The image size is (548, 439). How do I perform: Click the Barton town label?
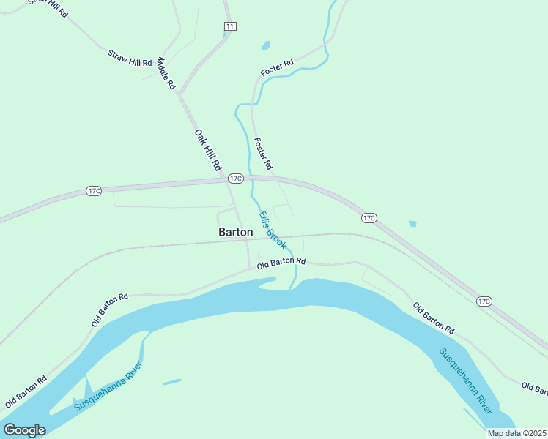click(x=236, y=232)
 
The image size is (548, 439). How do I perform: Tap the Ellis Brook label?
click(x=271, y=230)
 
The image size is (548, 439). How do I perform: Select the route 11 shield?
click(x=230, y=26)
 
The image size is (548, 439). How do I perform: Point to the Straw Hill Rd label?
click(x=129, y=58)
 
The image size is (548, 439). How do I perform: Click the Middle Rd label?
click(x=166, y=74)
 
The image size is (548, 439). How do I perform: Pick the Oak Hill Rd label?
click(x=208, y=151)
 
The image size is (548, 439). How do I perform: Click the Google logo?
click(x=24, y=430)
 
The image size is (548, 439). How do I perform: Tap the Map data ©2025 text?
click(x=516, y=433)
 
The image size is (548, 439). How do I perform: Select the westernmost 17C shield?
click(x=93, y=191)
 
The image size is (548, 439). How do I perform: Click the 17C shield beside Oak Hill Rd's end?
click(x=235, y=178)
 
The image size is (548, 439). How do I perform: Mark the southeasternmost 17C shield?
click(x=483, y=301)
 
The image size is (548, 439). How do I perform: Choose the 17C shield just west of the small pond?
click(x=369, y=218)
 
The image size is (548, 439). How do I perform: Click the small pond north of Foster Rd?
click(x=266, y=46)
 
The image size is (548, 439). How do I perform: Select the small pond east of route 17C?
click(x=412, y=224)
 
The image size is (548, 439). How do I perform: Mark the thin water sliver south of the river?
click(x=171, y=382)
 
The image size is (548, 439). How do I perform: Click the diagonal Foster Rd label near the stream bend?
click(x=277, y=69)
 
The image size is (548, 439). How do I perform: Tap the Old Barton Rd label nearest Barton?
click(x=281, y=262)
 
